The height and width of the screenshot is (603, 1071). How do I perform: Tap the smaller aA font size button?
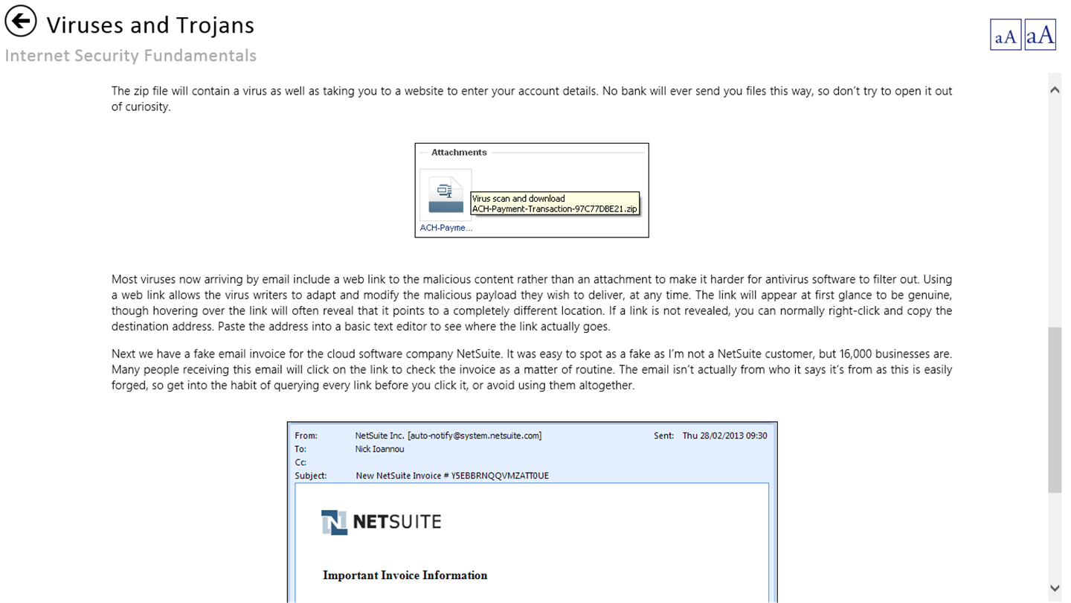[1006, 35]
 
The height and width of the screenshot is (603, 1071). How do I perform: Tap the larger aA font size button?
[1040, 35]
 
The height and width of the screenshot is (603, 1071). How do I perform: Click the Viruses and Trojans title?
[150, 25]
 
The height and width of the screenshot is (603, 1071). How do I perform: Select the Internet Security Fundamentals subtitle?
[131, 56]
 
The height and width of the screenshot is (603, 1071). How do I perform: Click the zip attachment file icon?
[446, 194]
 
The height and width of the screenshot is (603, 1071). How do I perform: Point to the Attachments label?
[459, 153]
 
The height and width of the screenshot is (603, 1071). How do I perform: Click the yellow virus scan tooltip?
[555, 204]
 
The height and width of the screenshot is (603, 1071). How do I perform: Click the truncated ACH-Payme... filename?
[446, 228]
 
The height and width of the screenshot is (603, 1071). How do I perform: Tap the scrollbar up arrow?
[1055, 90]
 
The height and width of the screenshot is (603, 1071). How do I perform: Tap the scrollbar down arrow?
[1055, 588]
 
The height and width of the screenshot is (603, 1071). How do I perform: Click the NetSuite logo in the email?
[381, 522]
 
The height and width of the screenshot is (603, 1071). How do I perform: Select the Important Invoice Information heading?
[405, 575]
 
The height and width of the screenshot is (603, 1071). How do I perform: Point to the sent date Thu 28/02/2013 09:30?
[724, 436]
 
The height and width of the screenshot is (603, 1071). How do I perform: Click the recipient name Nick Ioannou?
[379, 450]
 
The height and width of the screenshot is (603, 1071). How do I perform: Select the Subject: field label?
[310, 476]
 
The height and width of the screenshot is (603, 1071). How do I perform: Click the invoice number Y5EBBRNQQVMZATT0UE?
[500, 476]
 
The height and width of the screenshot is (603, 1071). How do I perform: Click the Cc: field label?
[300, 463]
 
